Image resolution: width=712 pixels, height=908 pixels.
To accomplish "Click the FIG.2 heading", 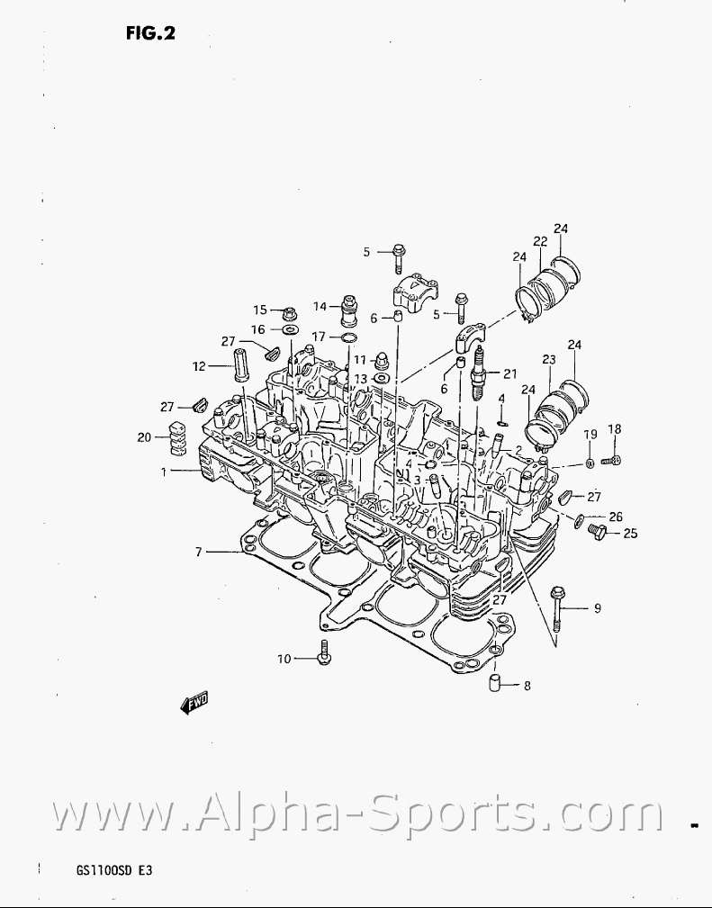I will pos(149,33).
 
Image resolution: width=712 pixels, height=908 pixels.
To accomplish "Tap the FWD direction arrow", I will pos(195,703).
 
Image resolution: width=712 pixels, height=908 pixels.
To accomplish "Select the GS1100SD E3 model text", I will pos(114,870).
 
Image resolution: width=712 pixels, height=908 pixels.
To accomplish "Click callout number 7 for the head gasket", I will pos(198,552).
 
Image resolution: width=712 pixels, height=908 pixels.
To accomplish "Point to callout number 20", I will pos(144,437).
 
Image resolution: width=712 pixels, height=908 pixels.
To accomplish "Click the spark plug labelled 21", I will pos(480,372).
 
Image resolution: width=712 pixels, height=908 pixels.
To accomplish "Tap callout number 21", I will pos(510,373).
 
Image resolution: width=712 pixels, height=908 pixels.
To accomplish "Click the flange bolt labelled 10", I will pos(324,654).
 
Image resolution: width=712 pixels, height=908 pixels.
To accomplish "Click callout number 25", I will pos(630,534).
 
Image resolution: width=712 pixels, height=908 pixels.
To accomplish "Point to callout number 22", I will pos(540,241).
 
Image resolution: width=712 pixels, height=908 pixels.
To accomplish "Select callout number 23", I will pos(549,359).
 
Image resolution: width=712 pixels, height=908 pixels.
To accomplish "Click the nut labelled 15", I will pos(290,313).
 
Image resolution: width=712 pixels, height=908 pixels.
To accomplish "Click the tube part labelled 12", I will pos(240,365).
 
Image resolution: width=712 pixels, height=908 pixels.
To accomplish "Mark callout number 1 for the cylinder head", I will pos(164,471).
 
